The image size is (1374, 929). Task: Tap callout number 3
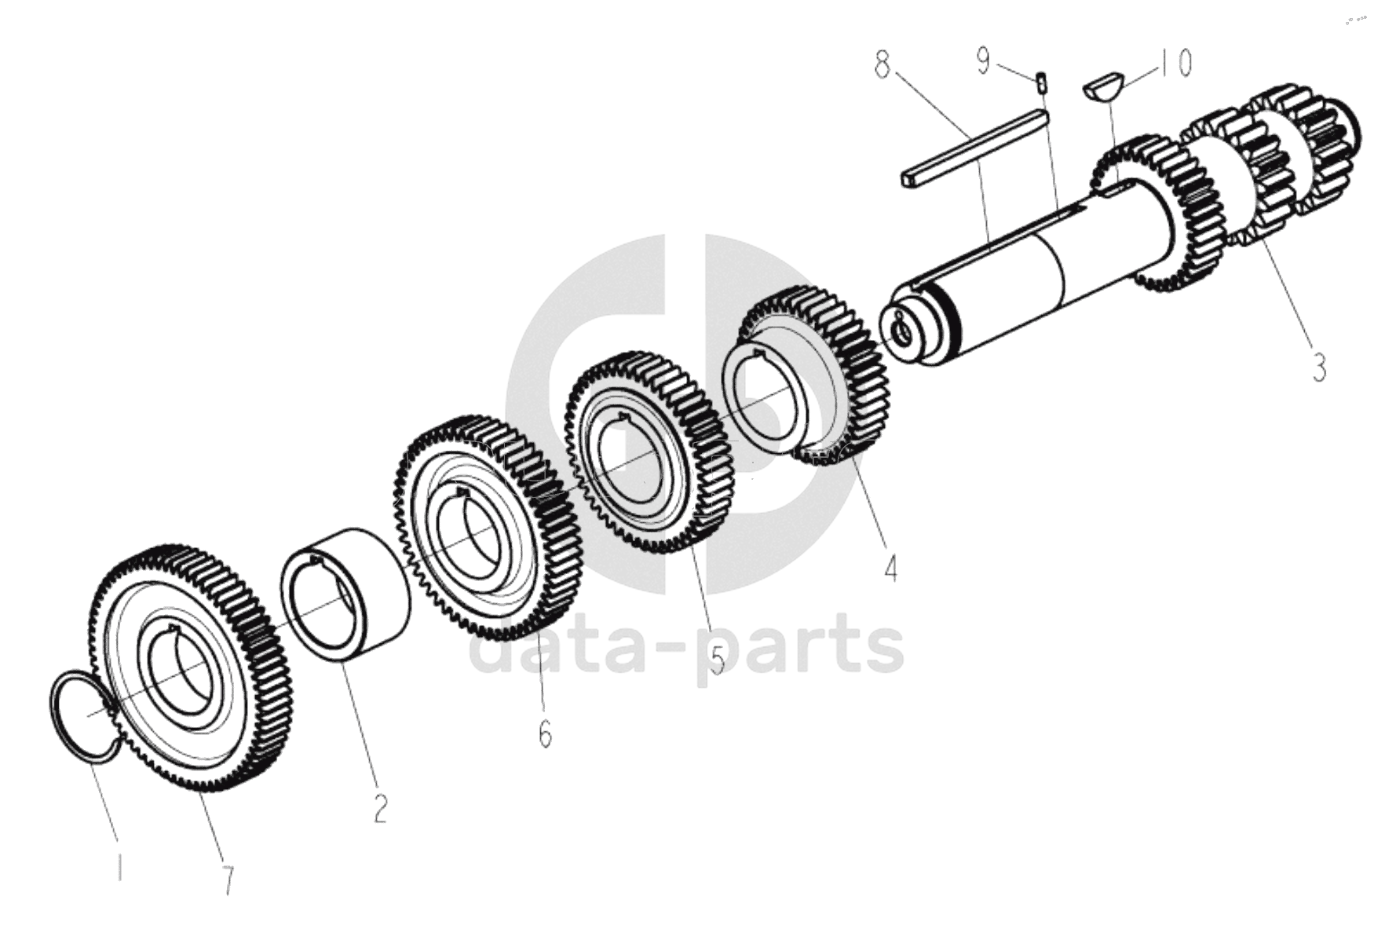coord(1319,367)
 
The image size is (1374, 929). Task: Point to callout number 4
coord(889,567)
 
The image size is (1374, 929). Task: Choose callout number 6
coord(545,734)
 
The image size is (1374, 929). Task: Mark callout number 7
coord(228,880)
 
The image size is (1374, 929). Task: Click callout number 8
coord(883,64)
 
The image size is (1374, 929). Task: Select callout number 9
coord(983,60)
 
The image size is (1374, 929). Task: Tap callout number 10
coord(1175,62)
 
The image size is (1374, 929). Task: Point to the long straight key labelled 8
coord(974,148)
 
